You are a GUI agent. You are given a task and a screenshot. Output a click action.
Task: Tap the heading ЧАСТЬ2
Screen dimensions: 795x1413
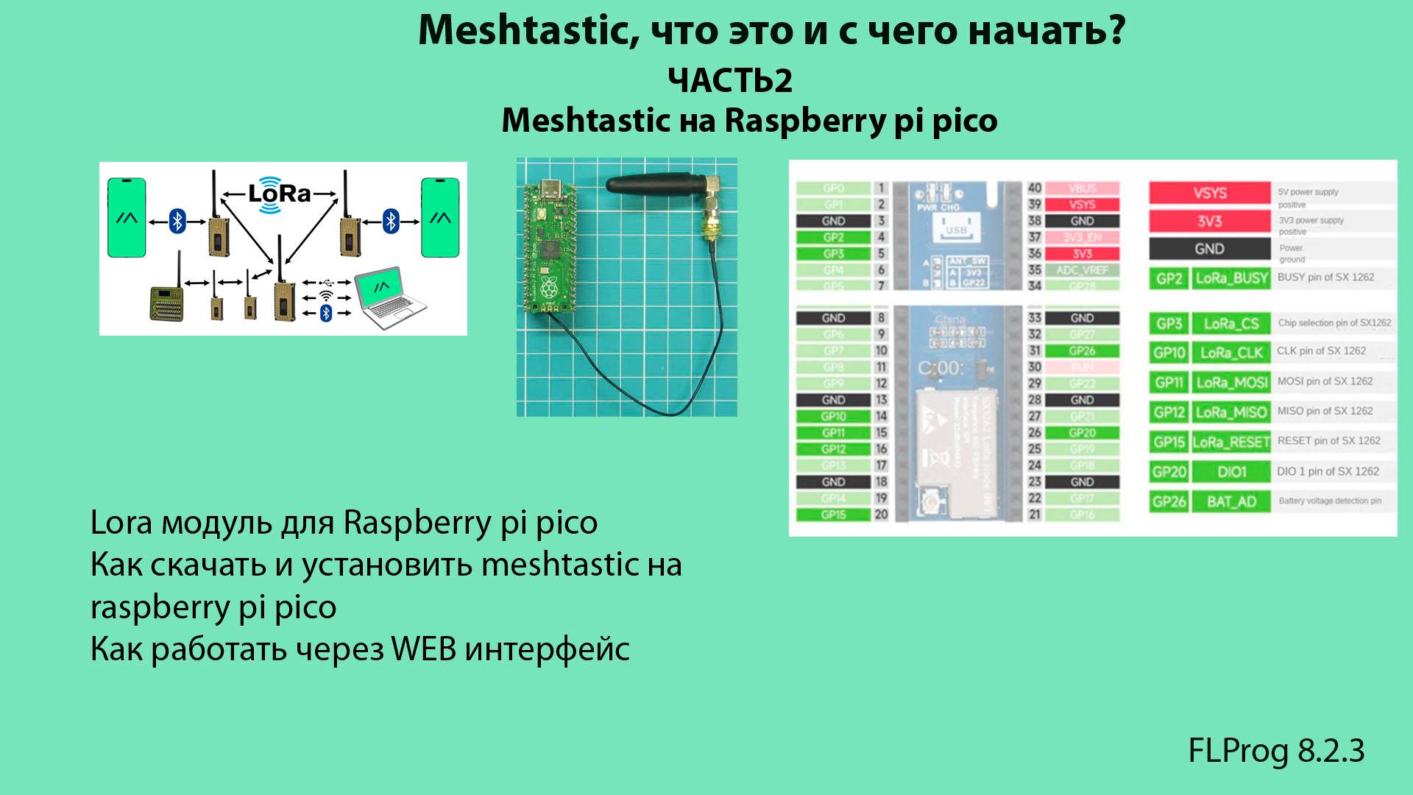pos(730,80)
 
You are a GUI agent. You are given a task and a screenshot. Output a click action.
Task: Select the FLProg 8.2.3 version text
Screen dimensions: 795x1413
pos(1276,751)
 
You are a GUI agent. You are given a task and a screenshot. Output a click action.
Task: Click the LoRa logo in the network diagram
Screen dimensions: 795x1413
pos(279,194)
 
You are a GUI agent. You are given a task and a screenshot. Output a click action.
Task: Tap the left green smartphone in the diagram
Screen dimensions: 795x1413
pos(127,218)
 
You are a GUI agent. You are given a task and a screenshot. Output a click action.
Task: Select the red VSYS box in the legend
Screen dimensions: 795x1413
pos(1209,193)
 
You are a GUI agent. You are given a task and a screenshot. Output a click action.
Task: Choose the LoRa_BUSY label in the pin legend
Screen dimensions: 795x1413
pos(1231,278)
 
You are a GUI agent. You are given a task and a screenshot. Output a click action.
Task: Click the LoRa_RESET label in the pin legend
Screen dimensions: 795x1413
pos(1231,442)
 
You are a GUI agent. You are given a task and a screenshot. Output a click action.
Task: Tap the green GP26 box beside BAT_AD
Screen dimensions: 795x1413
pos(1169,501)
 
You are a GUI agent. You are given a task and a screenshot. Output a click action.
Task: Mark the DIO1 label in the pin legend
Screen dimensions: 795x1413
pos(1231,472)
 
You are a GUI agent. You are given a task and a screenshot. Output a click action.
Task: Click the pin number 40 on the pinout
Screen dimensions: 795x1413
pos(1035,188)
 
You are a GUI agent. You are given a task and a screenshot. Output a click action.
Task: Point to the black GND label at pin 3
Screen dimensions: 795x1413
pos(833,221)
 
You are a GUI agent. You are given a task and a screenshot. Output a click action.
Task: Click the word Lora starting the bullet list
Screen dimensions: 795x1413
pos(121,523)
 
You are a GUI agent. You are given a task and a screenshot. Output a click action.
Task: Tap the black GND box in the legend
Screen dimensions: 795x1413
pos(1209,249)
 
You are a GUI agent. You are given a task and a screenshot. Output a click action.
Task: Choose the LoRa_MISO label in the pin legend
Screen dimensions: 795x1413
pos(1231,411)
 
